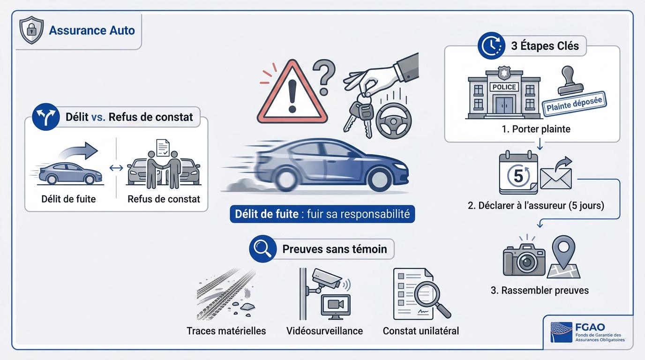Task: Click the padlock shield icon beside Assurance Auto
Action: (x=31, y=30)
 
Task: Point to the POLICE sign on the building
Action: (x=504, y=87)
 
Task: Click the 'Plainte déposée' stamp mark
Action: (x=574, y=104)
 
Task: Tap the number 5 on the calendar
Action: (x=518, y=175)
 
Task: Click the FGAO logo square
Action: (x=561, y=332)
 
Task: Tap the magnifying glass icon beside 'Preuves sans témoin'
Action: (x=263, y=249)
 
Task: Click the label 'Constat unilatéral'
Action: (x=420, y=331)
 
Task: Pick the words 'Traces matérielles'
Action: (x=226, y=331)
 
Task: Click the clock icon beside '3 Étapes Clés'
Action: (x=491, y=46)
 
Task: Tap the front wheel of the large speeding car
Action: (x=380, y=179)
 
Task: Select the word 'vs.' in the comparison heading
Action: (x=98, y=117)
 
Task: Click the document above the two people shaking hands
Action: (x=163, y=148)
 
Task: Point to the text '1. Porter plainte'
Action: (x=536, y=129)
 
